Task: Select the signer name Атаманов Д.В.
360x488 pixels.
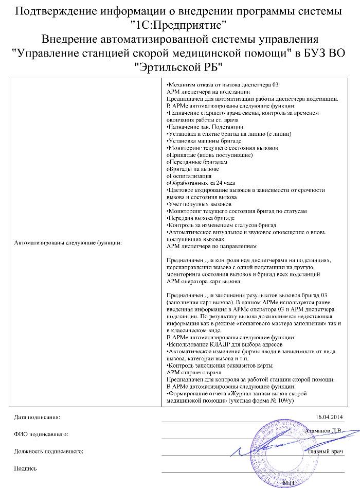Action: coord(323,430)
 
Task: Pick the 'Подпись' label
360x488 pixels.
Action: coord(26,468)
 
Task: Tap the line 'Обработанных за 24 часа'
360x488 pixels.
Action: coord(201,183)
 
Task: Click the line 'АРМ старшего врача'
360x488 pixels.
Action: coord(194,372)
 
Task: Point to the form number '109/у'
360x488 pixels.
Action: coord(285,399)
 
